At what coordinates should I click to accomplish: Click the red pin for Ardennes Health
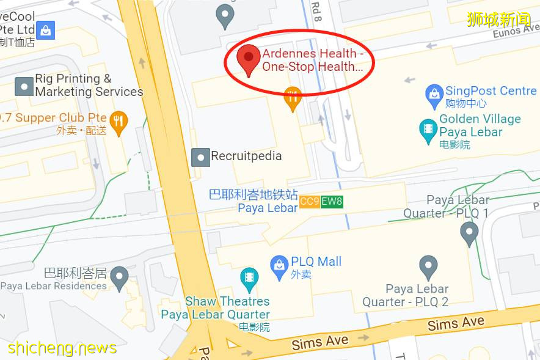(249, 57)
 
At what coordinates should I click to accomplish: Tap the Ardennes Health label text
(313, 61)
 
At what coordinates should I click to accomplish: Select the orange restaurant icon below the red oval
(293, 97)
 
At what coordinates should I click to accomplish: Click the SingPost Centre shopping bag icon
(434, 94)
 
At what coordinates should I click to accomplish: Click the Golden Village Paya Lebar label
(480, 125)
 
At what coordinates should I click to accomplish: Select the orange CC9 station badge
(310, 201)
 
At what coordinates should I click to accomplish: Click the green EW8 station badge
(332, 201)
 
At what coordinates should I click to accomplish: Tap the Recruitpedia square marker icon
(200, 157)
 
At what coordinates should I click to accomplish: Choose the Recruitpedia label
(246, 156)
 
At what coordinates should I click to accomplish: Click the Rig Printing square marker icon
(24, 86)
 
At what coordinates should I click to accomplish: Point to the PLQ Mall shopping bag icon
(279, 265)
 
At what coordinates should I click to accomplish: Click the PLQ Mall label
(316, 262)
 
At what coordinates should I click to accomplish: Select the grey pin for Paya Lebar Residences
(119, 277)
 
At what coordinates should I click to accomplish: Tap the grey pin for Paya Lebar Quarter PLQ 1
(469, 232)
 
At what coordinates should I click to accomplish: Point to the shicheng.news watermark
(62, 348)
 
